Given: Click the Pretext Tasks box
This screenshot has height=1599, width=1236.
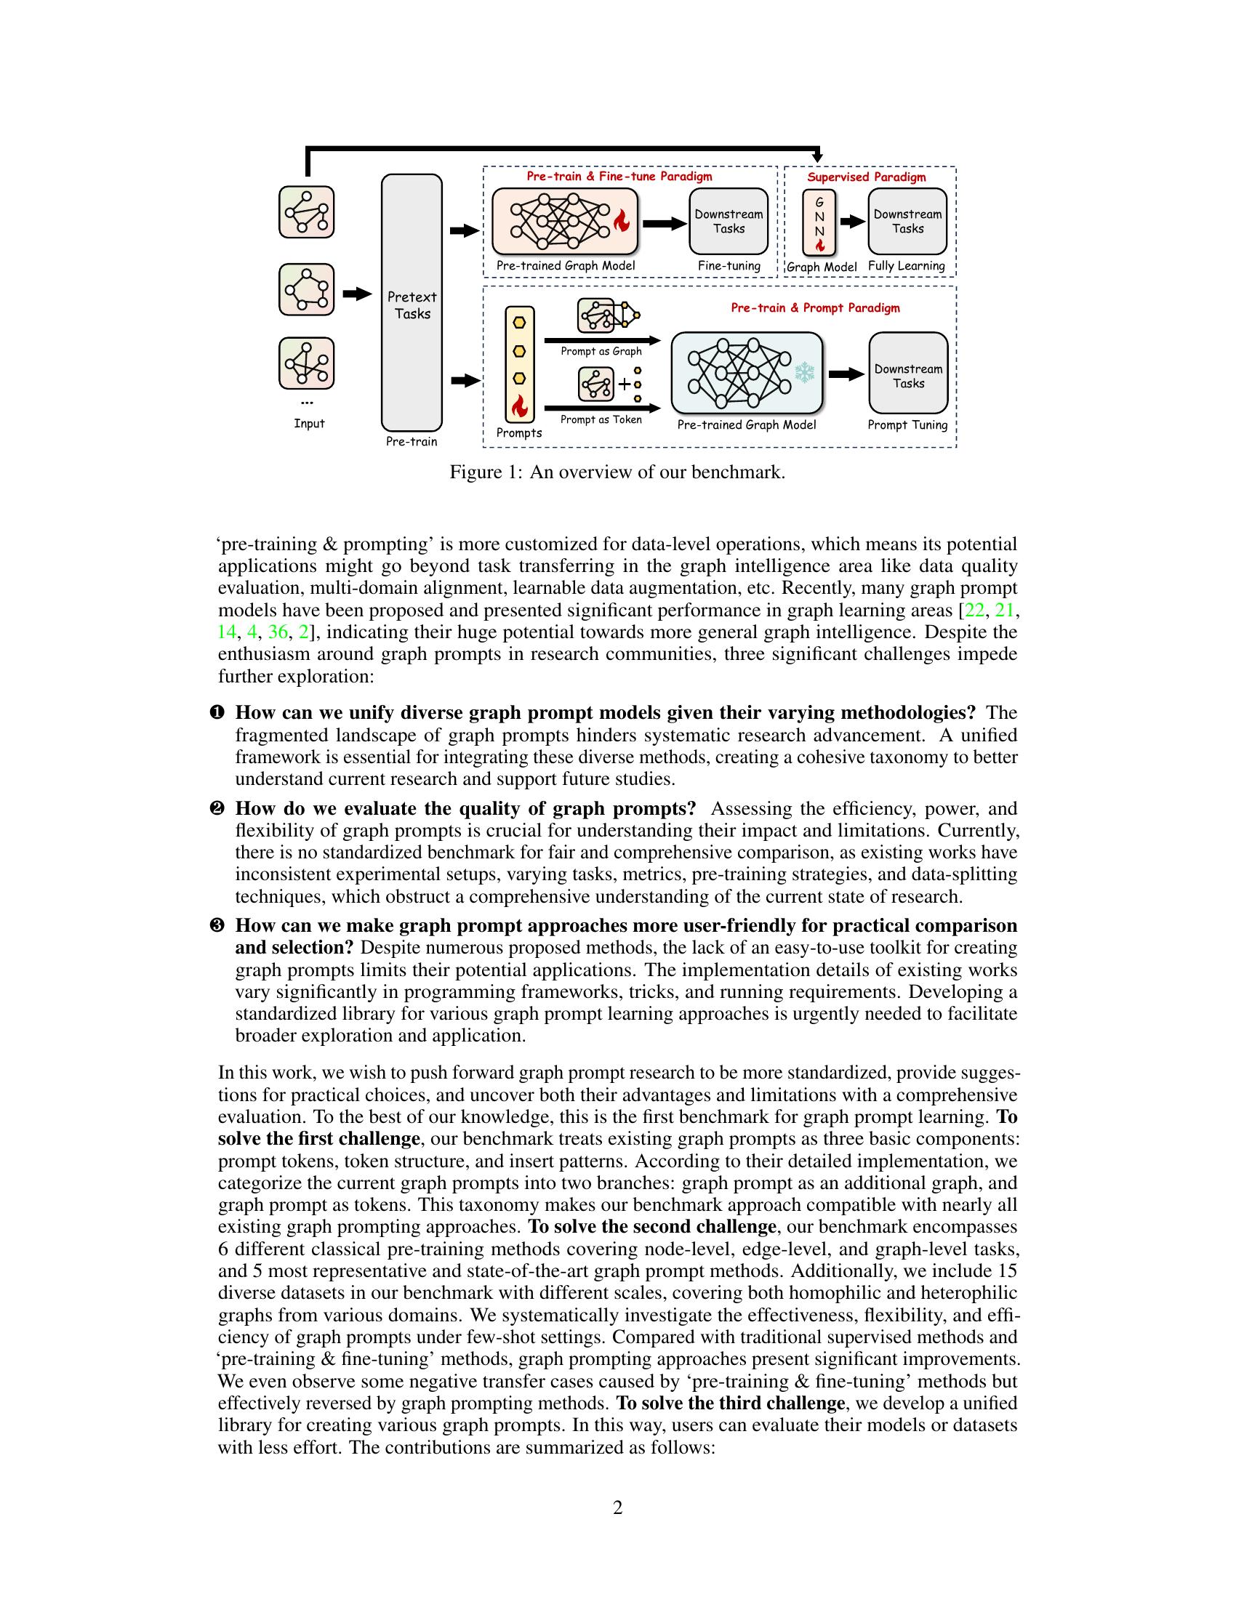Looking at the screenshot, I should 412,303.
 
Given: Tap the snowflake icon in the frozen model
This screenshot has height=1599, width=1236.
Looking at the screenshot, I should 805,373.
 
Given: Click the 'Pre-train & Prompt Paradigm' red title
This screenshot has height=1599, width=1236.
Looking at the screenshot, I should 815,308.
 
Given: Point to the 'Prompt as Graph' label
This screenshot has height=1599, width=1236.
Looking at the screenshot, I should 601,352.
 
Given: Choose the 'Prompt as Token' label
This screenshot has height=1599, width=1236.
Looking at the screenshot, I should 601,419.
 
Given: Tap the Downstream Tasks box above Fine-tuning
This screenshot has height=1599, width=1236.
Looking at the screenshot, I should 729,221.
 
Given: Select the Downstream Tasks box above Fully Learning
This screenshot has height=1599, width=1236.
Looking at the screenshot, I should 907,221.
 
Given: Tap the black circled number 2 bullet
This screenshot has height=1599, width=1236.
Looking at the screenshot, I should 217,809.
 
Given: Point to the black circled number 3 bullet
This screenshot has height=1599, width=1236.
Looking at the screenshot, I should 217,926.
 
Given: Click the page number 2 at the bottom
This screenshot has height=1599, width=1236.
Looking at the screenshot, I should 617,1508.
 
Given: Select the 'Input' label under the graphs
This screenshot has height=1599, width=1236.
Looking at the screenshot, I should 309,424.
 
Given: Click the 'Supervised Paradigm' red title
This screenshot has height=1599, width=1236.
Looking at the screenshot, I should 866,177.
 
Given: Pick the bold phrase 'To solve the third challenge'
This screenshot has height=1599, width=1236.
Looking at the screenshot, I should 731,1403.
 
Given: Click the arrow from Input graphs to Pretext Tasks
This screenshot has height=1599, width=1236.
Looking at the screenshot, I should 357,294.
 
